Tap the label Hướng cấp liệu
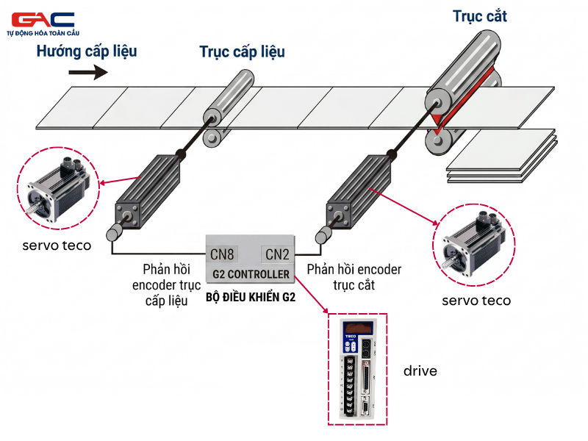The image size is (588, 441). pyautogui.click(x=87, y=51)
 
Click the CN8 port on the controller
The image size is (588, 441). pyautogui.click(x=222, y=254)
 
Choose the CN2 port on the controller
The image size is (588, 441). pyautogui.click(x=277, y=254)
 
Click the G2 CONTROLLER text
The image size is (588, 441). pyautogui.click(x=251, y=275)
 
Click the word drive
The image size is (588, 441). pyautogui.click(x=420, y=371)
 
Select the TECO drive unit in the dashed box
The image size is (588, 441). pyautogui.click(x=357, y=370)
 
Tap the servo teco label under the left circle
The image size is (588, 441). pyautogui.click(x=57, y=245)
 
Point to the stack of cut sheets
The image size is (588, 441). pyautogui.click(x=501, y=157)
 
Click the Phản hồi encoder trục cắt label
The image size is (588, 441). pyautogui.click(x=354, y=277)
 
